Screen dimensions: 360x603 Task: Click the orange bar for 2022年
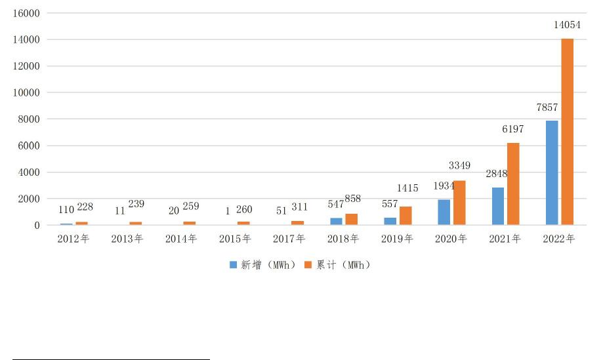(x=567, y=132)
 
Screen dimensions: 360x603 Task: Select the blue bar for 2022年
(x=552, y=173)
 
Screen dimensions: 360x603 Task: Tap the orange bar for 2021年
(x=513, y=184)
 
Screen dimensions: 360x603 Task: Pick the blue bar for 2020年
(x=444, y=212)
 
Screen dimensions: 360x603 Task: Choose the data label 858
(x=353, y=199)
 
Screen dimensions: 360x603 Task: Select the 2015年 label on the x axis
(x=235, y=239)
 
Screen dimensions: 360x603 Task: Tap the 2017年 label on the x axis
(x=289, y=239)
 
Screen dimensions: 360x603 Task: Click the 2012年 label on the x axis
(x=73, y=239)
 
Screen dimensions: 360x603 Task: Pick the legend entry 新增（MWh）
(x=262, y=265)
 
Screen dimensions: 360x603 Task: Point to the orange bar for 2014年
(x=189, y=224)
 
